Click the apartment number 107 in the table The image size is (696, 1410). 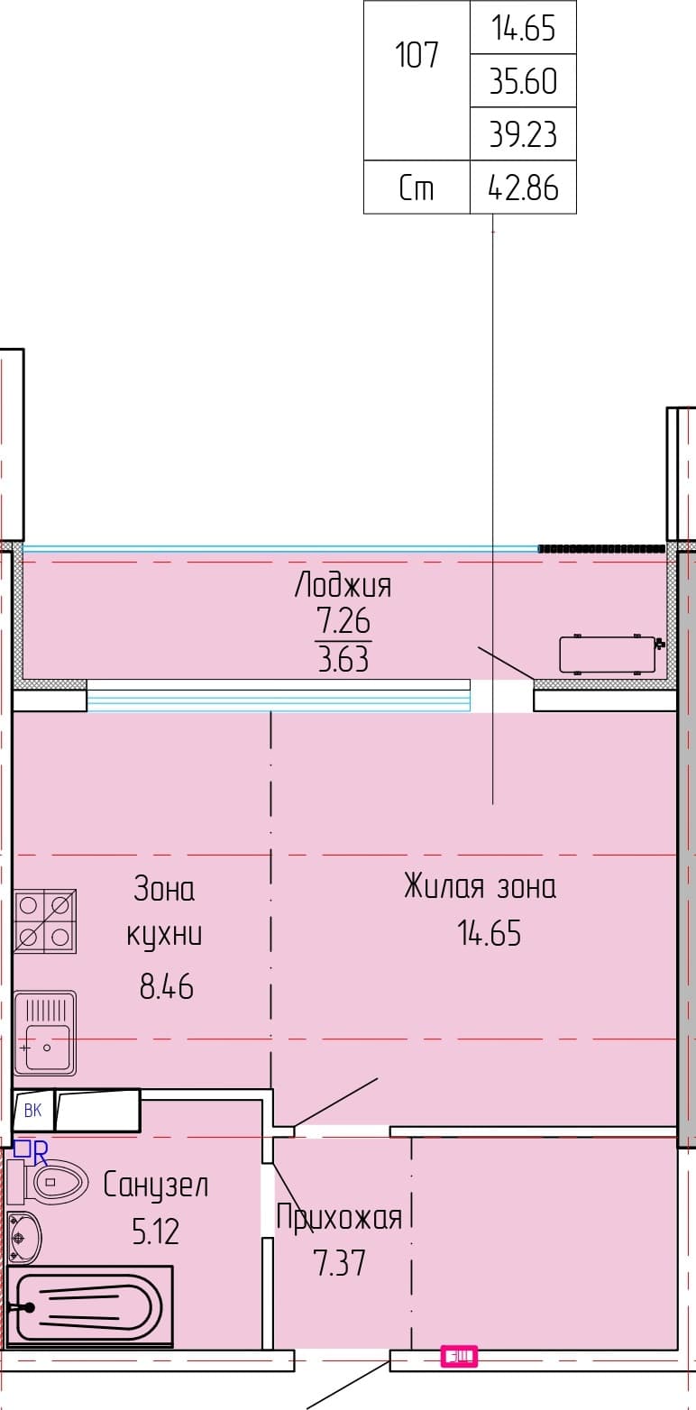(416, 55)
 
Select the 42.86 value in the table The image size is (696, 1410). (524, 188)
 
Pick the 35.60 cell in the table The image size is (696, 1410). (524, 81)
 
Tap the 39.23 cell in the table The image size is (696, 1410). (524, 134)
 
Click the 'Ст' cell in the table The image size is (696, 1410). (417, 188)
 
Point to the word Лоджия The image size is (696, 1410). (343, 585)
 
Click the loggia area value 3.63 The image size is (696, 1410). (343, 659)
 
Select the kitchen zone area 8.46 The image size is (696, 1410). (167, 986)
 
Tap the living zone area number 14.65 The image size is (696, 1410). (490, 933)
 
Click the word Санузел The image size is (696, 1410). (155, 1186)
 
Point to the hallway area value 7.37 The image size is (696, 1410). (340, 1263)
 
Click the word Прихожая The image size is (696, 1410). (339, 1217)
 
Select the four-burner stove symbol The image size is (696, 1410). (45, 921)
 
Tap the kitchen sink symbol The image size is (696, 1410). (45, 1033)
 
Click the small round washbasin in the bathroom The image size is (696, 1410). (24, 1238)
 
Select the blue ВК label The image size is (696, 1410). (32, 1110)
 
